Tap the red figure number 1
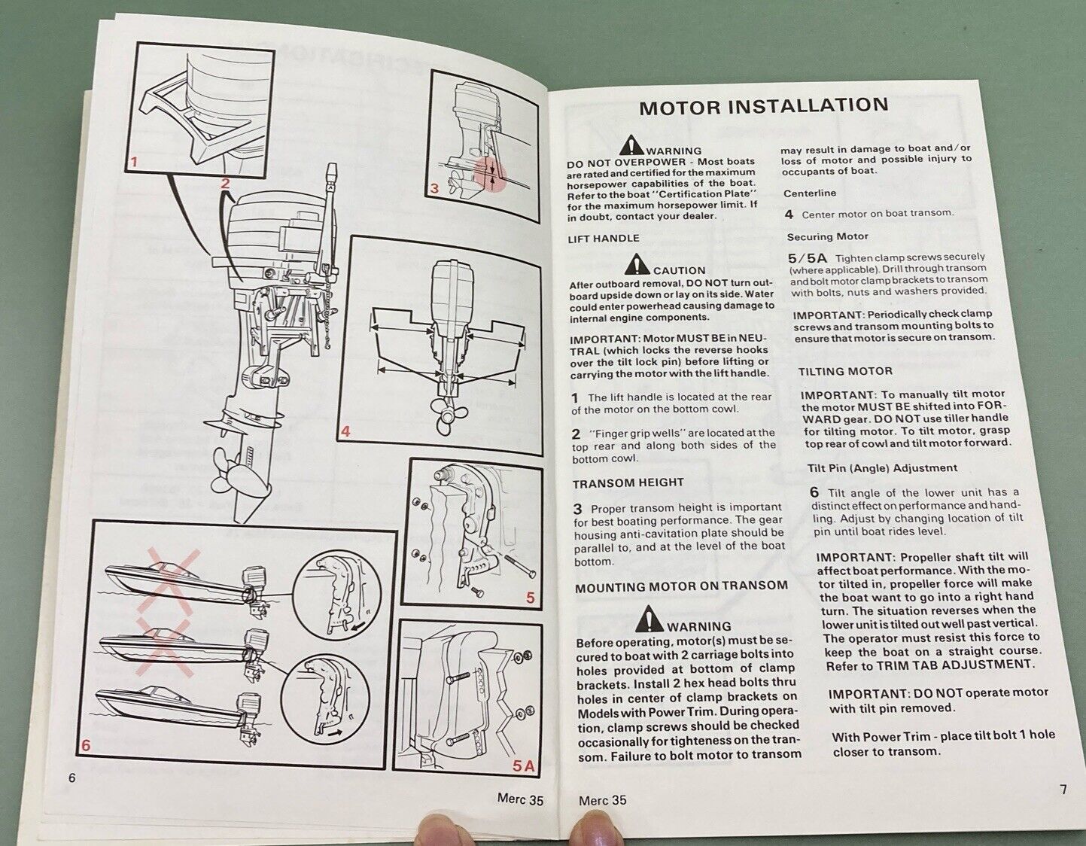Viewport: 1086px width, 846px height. [134, 161]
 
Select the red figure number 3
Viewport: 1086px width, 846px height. [434, 188]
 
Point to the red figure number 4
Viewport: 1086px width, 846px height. [345, 431]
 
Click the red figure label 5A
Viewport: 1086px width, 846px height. [523, 765]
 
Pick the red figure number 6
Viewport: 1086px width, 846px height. [86, 745]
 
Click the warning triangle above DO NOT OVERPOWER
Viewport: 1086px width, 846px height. [632, 147]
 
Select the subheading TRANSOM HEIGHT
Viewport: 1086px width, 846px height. [628, 483]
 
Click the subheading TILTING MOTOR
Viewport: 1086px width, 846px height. [845, 371]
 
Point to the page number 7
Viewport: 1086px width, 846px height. [1063, 790]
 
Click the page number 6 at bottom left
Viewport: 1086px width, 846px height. [72, 778]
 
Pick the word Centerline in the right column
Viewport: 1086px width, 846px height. [810, 193]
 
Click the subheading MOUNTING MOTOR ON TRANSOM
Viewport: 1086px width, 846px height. [681, 586]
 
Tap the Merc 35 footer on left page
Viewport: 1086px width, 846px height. [520, 799]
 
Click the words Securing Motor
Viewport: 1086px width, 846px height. [828, 236]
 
